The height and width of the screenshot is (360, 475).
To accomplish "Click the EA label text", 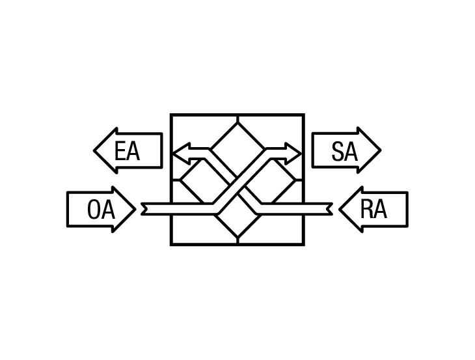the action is [128, 151].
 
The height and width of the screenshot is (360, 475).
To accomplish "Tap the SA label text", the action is [345, 152].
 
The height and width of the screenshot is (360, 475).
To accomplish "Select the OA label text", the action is [101, 210].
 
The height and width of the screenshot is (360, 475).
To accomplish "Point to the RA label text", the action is [373, 210].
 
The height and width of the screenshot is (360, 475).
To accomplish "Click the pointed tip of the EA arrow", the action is [94, 150].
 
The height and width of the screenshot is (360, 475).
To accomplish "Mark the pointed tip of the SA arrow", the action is [381, 150].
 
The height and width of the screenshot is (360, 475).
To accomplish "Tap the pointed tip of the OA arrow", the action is [135, 209].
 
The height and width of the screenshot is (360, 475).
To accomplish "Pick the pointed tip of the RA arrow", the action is [339, 209].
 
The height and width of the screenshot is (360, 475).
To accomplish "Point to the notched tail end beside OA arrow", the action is [144, 209].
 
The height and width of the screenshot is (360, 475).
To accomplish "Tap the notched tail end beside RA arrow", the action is [330, 209].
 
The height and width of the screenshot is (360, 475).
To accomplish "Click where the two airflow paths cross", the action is [238, 186].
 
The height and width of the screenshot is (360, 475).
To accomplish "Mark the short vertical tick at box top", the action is [238, 118].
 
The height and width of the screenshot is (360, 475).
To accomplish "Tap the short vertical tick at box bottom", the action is [238, 240].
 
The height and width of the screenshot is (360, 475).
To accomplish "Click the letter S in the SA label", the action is [338, 152].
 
